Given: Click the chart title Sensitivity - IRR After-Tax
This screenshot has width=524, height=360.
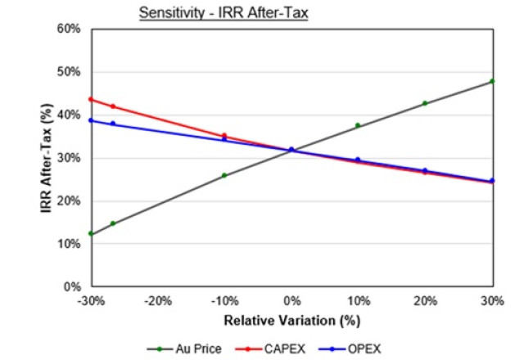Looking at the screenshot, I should coord(223,13).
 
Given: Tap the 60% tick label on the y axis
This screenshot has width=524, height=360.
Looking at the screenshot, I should coord(70,29).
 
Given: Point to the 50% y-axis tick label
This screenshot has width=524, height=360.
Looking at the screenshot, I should coord(70,72).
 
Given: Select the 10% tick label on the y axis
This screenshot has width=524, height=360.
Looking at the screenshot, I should coord(70,244).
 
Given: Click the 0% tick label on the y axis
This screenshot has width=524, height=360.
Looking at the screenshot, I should coord(72,287).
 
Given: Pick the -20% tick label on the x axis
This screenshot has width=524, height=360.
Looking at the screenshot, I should coord(157,300).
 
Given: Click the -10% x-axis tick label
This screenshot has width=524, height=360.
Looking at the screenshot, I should coord(224,300).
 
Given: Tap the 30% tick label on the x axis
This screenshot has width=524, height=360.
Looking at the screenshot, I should coord(492,300).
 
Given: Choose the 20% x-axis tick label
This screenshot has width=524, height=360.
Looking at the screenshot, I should coord(425,300).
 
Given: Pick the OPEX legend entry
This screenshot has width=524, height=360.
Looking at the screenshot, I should coord(359,347).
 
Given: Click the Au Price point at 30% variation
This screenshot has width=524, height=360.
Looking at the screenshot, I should coord(492,81).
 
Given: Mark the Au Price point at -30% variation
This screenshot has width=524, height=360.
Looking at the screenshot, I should coord(91,234).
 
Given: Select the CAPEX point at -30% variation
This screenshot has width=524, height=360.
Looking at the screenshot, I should coord(91,100).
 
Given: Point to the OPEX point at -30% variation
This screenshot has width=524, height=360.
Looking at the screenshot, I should coord(91,120).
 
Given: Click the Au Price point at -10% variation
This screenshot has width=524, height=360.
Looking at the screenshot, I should coord(224,175).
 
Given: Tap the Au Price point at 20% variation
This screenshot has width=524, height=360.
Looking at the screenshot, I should coord(425,103).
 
